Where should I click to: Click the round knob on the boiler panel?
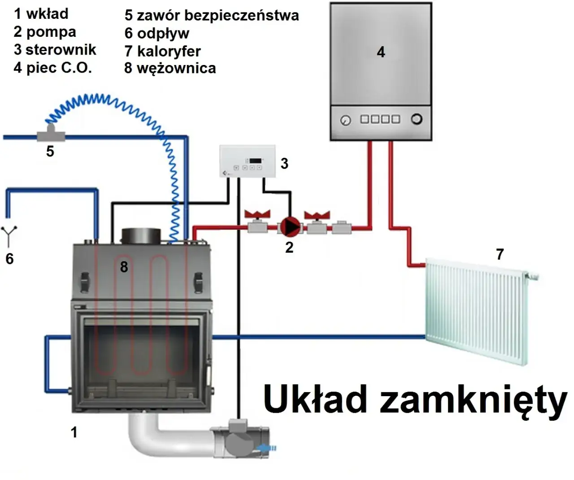(417, 119)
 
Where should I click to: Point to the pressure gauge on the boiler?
(345, 120)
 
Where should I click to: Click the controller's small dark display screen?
(256, 160)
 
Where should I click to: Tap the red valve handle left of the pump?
(257, 214)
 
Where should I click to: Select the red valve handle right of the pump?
(317, 215)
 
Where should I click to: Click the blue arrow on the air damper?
(268, 447)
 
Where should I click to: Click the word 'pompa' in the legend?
(51, 32)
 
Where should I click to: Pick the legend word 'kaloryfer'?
(169, 51)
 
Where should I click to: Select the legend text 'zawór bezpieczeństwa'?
(217, 15)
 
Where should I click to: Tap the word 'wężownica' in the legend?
(176, 69)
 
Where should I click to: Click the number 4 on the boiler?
(381, 52)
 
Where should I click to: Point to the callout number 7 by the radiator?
(500, 254)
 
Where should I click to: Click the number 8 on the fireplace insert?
(124, 267)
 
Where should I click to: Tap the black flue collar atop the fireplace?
(141, 236)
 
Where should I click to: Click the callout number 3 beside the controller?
(284, 164)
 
